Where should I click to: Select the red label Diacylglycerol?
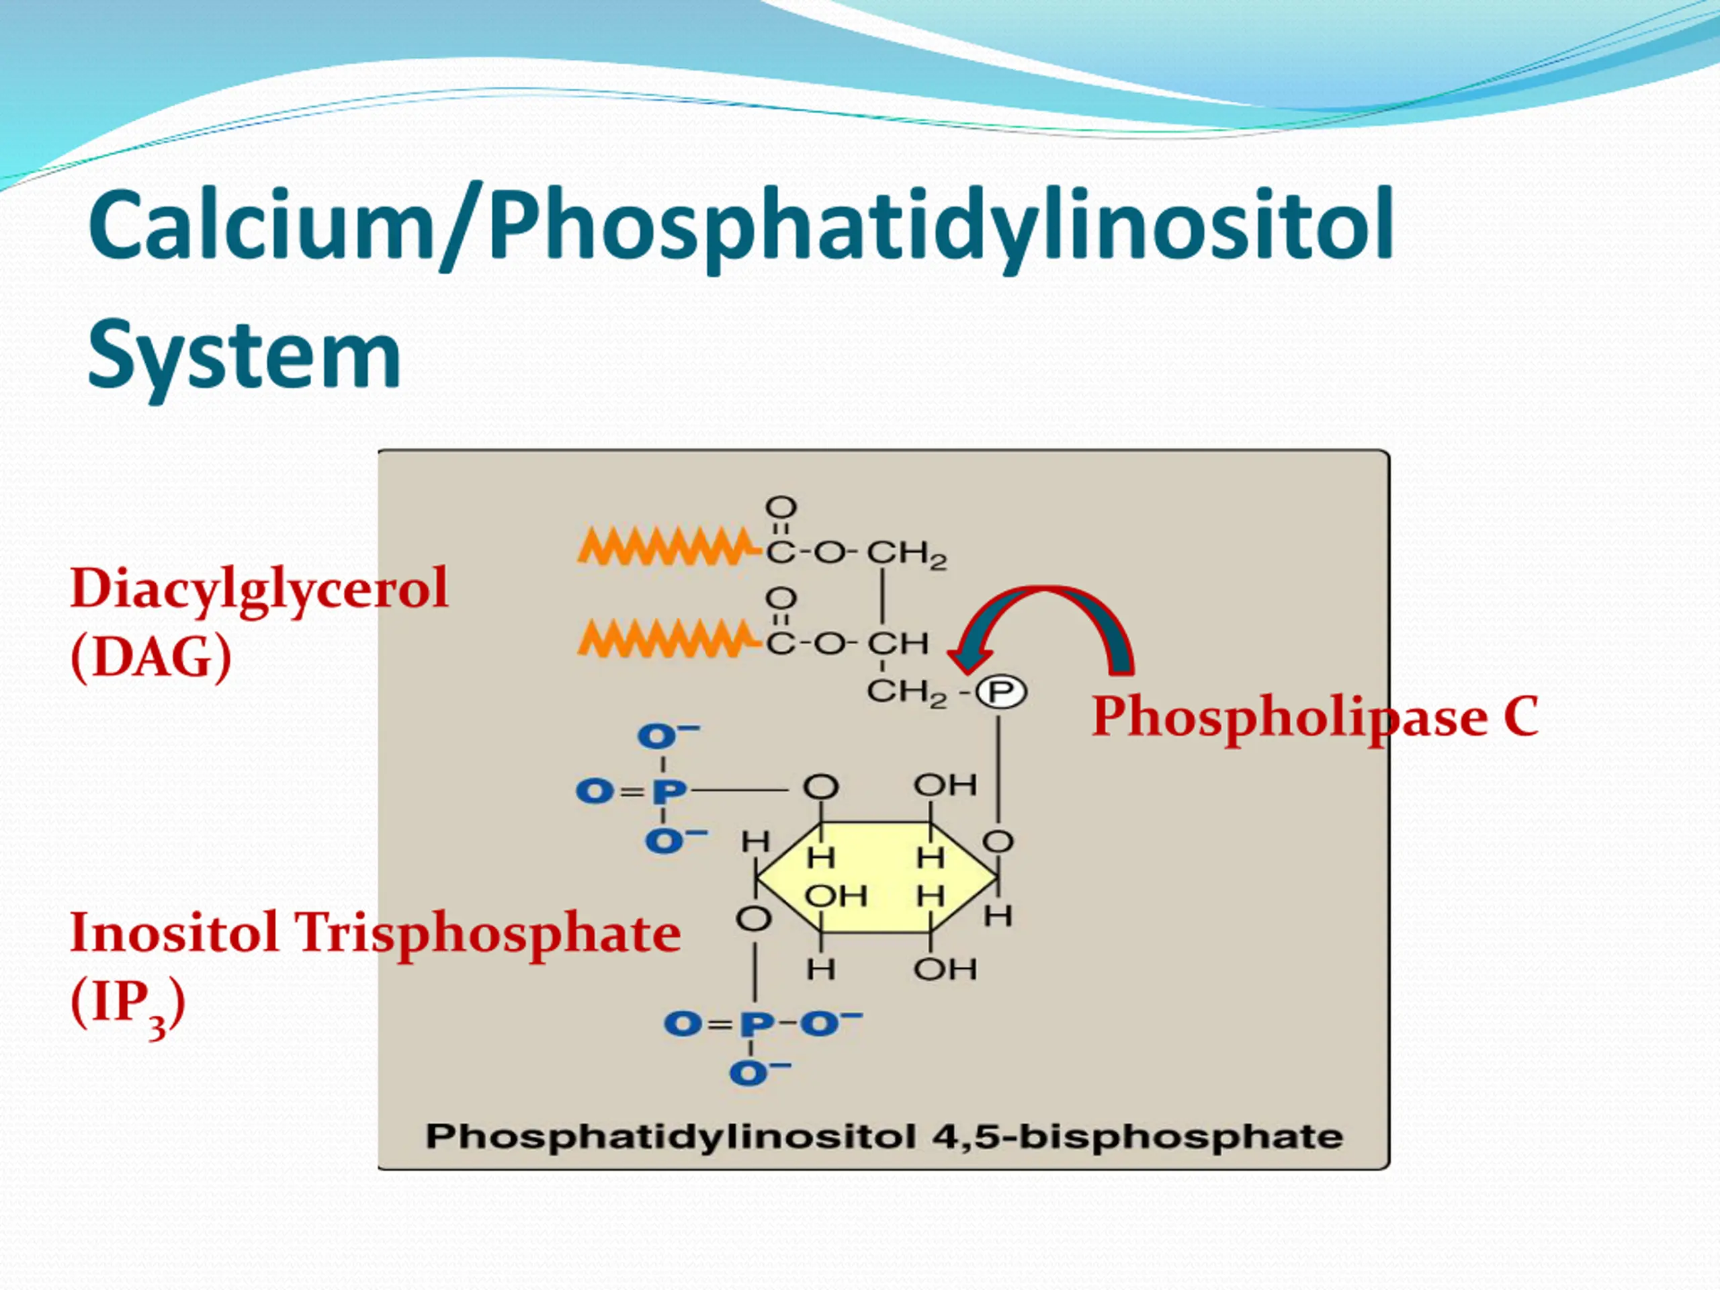tap(259, 589)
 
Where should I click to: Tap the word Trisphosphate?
tap(486, 934)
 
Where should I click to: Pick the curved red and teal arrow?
tap(1046, 622)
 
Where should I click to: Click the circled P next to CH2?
tap(1000, 692)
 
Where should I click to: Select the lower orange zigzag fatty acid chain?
tap(666, 638)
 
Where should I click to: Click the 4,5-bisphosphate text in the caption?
tap(1137, 1137)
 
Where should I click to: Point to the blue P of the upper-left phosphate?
tap(669, 791)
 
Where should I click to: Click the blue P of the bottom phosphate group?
tap(757, 1024)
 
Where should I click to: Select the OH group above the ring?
tap(945, 785)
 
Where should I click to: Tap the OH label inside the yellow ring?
tap(836, 896)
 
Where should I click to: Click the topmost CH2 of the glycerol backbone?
tap(906, 554)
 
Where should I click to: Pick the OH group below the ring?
tap(945, 970)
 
